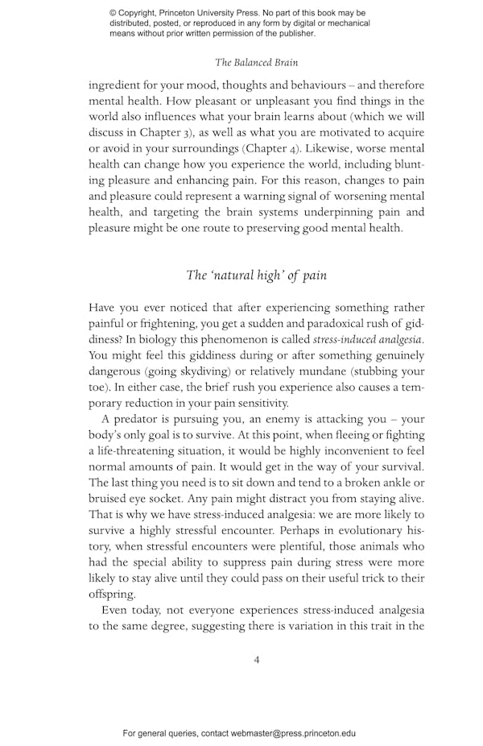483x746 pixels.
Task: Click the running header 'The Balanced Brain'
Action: point(256,61)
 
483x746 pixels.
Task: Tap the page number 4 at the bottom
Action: point(256,659)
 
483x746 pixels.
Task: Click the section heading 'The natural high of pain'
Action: point(256,276)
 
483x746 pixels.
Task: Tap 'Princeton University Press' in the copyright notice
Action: point(213,14)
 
